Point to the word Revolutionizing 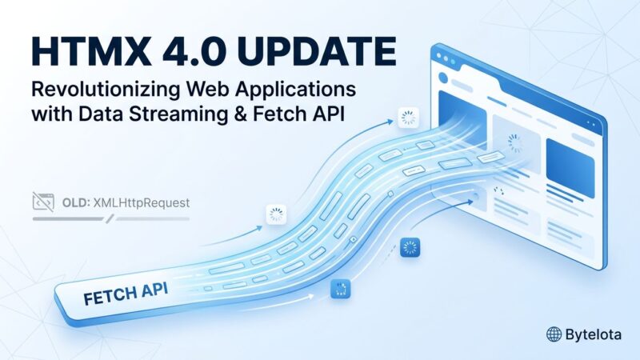point(106,90)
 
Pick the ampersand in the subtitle point(241,114)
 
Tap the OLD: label point(76,202)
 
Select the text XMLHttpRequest point(142,203)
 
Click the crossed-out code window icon point(43,202)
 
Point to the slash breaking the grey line point(110,219)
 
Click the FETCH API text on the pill point(126,294)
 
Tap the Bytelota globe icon point(554,334)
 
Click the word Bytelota point(594,335)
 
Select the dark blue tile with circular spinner point(410,247)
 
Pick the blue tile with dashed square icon point(341,289)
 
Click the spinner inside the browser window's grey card point(515,143)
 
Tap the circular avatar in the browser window point(443,78)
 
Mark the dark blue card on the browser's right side point(570,168)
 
